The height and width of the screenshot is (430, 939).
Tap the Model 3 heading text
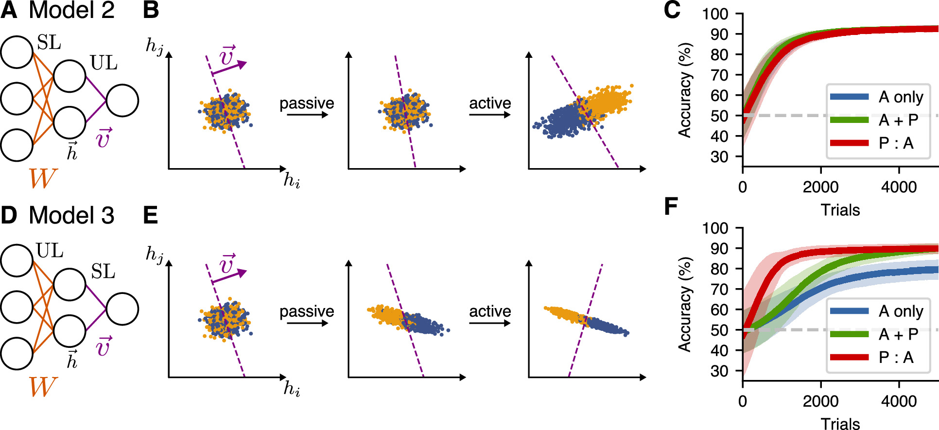tap(71, 215)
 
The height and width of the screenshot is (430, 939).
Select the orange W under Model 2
tap(43, 178)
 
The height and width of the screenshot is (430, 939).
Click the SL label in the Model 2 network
tap(49, 43)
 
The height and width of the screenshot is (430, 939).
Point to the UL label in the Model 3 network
tap(50, 251)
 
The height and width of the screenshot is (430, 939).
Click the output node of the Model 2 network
tap(122, 101)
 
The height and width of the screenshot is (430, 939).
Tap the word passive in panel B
tap(307, 103)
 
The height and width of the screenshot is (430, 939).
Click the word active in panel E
tap(490, 311)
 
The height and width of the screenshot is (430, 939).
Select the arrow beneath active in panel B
tap(490, 115)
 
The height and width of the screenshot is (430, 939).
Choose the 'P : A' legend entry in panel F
tap(896, 358)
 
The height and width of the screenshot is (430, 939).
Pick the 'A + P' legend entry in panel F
tap(898, 334)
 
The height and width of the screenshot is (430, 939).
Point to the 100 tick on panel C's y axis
tap(715, 14)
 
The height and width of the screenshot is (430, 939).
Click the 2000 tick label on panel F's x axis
tap(821, 401)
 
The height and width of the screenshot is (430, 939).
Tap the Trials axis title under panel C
tap(840, 210)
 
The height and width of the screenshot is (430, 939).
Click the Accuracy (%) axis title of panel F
tap(685, 304)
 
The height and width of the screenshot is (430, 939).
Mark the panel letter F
tap(671, 206)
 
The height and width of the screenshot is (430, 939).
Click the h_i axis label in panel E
tap(292, 389)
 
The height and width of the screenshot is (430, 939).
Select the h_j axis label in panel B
tap(155, 46)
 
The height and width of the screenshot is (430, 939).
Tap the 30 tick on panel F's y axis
tap(719, 371)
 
